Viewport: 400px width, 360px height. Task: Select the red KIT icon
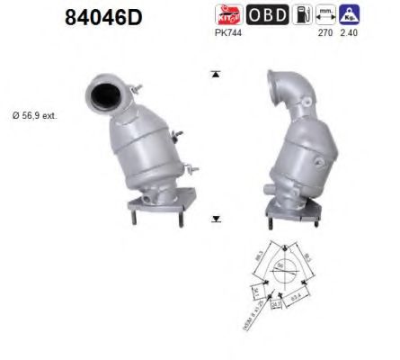pos(228,14)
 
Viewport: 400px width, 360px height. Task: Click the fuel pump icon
pos(301,14)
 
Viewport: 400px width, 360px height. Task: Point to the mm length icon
pos(325,14)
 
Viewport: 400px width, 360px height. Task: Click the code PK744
pos(227,32)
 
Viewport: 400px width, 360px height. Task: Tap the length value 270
pos(324,32)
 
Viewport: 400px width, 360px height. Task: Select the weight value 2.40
pos(351,32)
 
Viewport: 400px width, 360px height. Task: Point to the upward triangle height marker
pos(215,74)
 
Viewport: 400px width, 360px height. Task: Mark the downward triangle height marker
pos(215,219)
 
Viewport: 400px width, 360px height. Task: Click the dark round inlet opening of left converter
pos(106,92)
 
